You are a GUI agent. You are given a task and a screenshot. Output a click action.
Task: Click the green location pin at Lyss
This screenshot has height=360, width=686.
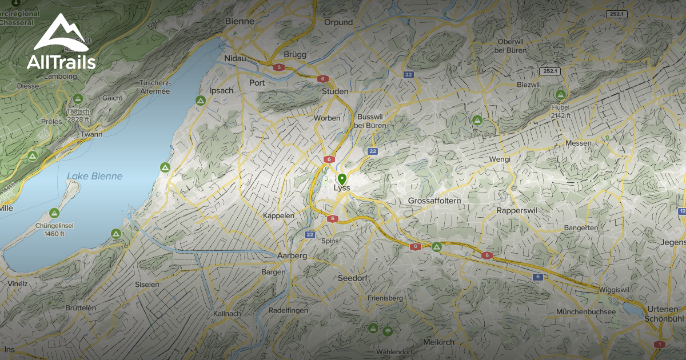[342, 178]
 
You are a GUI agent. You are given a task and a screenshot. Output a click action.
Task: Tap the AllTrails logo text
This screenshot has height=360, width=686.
[61, 62]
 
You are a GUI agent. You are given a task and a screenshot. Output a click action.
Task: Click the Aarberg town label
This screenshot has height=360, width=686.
[292, 255]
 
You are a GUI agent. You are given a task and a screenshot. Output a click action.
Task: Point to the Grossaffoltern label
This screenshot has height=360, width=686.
[434, 201]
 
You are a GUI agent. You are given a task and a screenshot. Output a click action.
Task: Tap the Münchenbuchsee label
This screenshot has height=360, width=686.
[587, 311]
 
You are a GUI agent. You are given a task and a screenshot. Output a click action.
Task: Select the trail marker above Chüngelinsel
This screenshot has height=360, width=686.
[54, 213]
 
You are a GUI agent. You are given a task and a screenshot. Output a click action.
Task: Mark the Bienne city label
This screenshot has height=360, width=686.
[240, 22]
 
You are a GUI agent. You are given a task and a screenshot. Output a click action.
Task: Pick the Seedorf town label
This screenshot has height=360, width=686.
[353, 278]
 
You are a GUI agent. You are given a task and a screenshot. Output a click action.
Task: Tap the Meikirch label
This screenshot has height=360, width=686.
[438, 342]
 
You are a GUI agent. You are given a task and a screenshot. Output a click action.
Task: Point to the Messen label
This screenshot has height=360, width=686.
[577, 143]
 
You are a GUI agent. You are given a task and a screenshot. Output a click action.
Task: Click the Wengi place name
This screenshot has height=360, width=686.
[499, 159]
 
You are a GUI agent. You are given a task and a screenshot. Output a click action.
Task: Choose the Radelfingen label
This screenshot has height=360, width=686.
[289, 310]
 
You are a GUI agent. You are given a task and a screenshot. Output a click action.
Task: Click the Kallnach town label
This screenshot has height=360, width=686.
[227, 314]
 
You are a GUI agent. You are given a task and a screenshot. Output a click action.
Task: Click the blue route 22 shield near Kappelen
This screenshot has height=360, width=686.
[310, 234]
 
